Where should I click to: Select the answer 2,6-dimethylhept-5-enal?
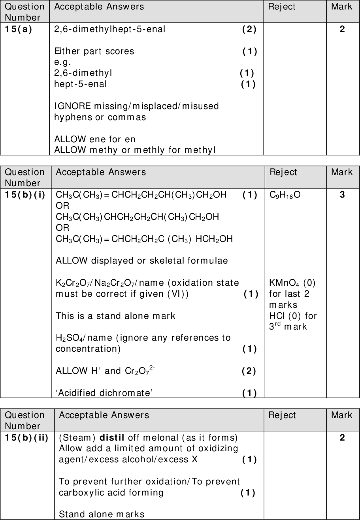pyautogui.click(x=110, y=29)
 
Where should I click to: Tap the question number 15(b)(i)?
pyautogui.click(x=25, y=194)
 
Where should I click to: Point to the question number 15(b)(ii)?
pyautogui.click(x=26, y=437)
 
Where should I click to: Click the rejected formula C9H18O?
pyautogui.click(x=285, y=195)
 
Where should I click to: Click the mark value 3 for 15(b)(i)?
pyautogui.click(x=342, y=194)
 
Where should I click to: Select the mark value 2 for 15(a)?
pyautogui.click(x=342, y=29)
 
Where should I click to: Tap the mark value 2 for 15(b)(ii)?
pyautogui.click(x=342, y=437)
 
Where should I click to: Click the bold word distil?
pyautogui.click(x=112, y=437)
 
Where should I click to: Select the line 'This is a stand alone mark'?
pyautogui.click(x=115, y=316)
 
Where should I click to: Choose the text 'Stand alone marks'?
pyautogui.click(x=102, y=514)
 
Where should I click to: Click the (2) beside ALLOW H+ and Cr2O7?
pyautogui.click(x=249, y=371)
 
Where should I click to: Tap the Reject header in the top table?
pyautogui.click(x=282, y=6)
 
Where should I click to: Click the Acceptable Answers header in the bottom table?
pyautogui.click(x=104, y=415)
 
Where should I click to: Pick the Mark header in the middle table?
pyautogui.click(x=342, y=172)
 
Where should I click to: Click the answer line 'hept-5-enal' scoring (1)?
pyautogui.click(x=80, y=84)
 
